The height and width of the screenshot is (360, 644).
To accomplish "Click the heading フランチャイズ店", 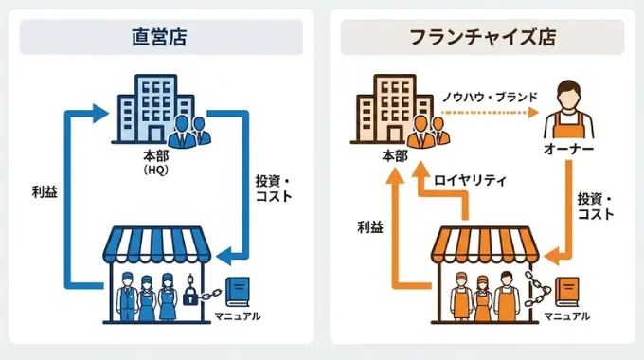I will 482,38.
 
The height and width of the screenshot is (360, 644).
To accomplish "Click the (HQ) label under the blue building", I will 155,170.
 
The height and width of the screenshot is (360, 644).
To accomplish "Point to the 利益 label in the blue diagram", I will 45,191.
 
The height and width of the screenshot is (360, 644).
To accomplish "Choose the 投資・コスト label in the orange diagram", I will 596,206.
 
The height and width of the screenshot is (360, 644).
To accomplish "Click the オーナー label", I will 568,151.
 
